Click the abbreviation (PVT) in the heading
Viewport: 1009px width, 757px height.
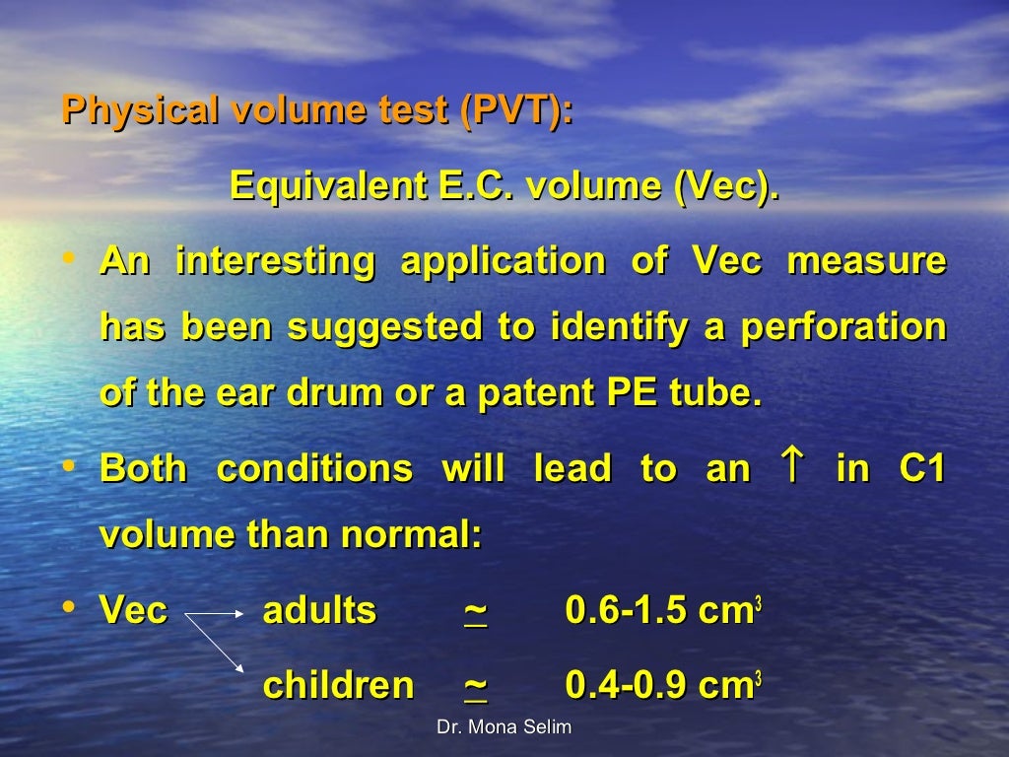(514, 109)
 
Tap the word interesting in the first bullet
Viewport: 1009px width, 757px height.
(275, 262)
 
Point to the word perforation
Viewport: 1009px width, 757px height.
(843, 327)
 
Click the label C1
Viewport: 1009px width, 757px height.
(922, 469)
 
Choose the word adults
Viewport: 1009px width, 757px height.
(319, 611)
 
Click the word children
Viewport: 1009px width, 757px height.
(338, 686)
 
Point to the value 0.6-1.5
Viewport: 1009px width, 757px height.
(626, 611)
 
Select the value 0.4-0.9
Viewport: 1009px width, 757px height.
(626, 686)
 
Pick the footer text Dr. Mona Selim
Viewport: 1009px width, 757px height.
(504, 728)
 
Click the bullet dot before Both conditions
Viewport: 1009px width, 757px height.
(68, 463)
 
